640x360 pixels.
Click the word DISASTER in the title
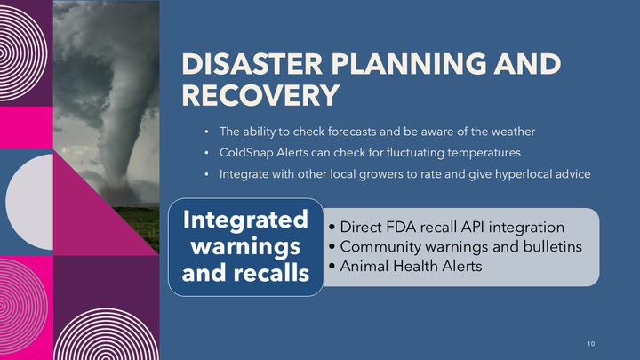[x=252, y=64]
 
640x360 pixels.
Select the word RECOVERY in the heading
[x=260, y=95]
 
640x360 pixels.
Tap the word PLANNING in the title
[x=409, y=64]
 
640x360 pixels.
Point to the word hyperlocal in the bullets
[x=523, y=174]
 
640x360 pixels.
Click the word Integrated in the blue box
[x=245, y=220]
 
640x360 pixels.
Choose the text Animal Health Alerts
[x=411, y=266]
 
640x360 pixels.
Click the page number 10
[x=591, y=344]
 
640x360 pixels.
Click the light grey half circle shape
[x=29, y=202]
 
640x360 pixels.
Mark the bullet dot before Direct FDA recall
[x=332, y=228]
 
